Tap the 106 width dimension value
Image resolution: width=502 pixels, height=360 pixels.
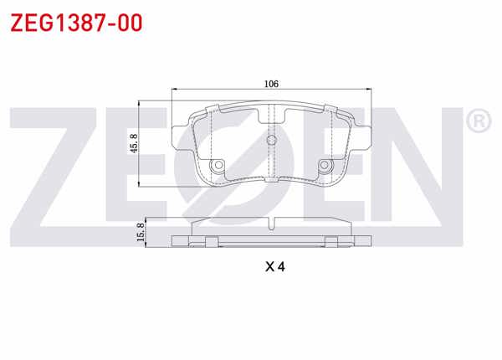[x=269, y=84]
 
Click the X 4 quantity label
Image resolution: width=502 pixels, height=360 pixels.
[x=275, y=268]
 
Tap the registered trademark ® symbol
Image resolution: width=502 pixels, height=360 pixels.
[x=479, y=122]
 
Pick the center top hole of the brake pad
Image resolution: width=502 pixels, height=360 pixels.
[x=270, y=140]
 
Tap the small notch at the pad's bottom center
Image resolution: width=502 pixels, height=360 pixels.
[x=270, y=178]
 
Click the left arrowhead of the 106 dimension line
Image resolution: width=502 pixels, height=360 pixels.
[x=173, y=90]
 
